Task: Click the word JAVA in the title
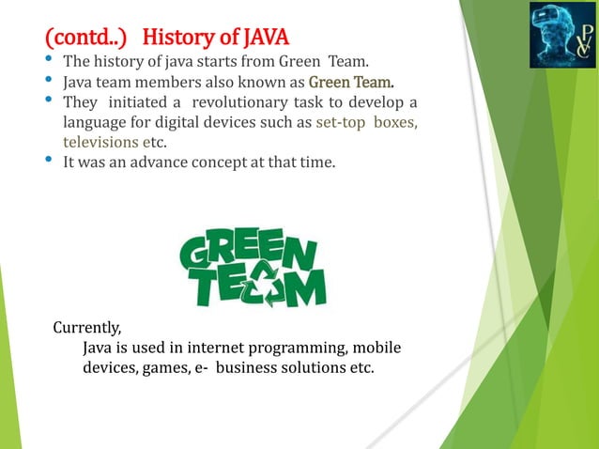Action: click(266, 39)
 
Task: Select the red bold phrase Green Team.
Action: click(351, 82)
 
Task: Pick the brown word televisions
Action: click(100, 142)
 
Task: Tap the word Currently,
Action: click(87, 328)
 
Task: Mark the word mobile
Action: click(378, 348)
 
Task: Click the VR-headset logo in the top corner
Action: click(561, 36)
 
